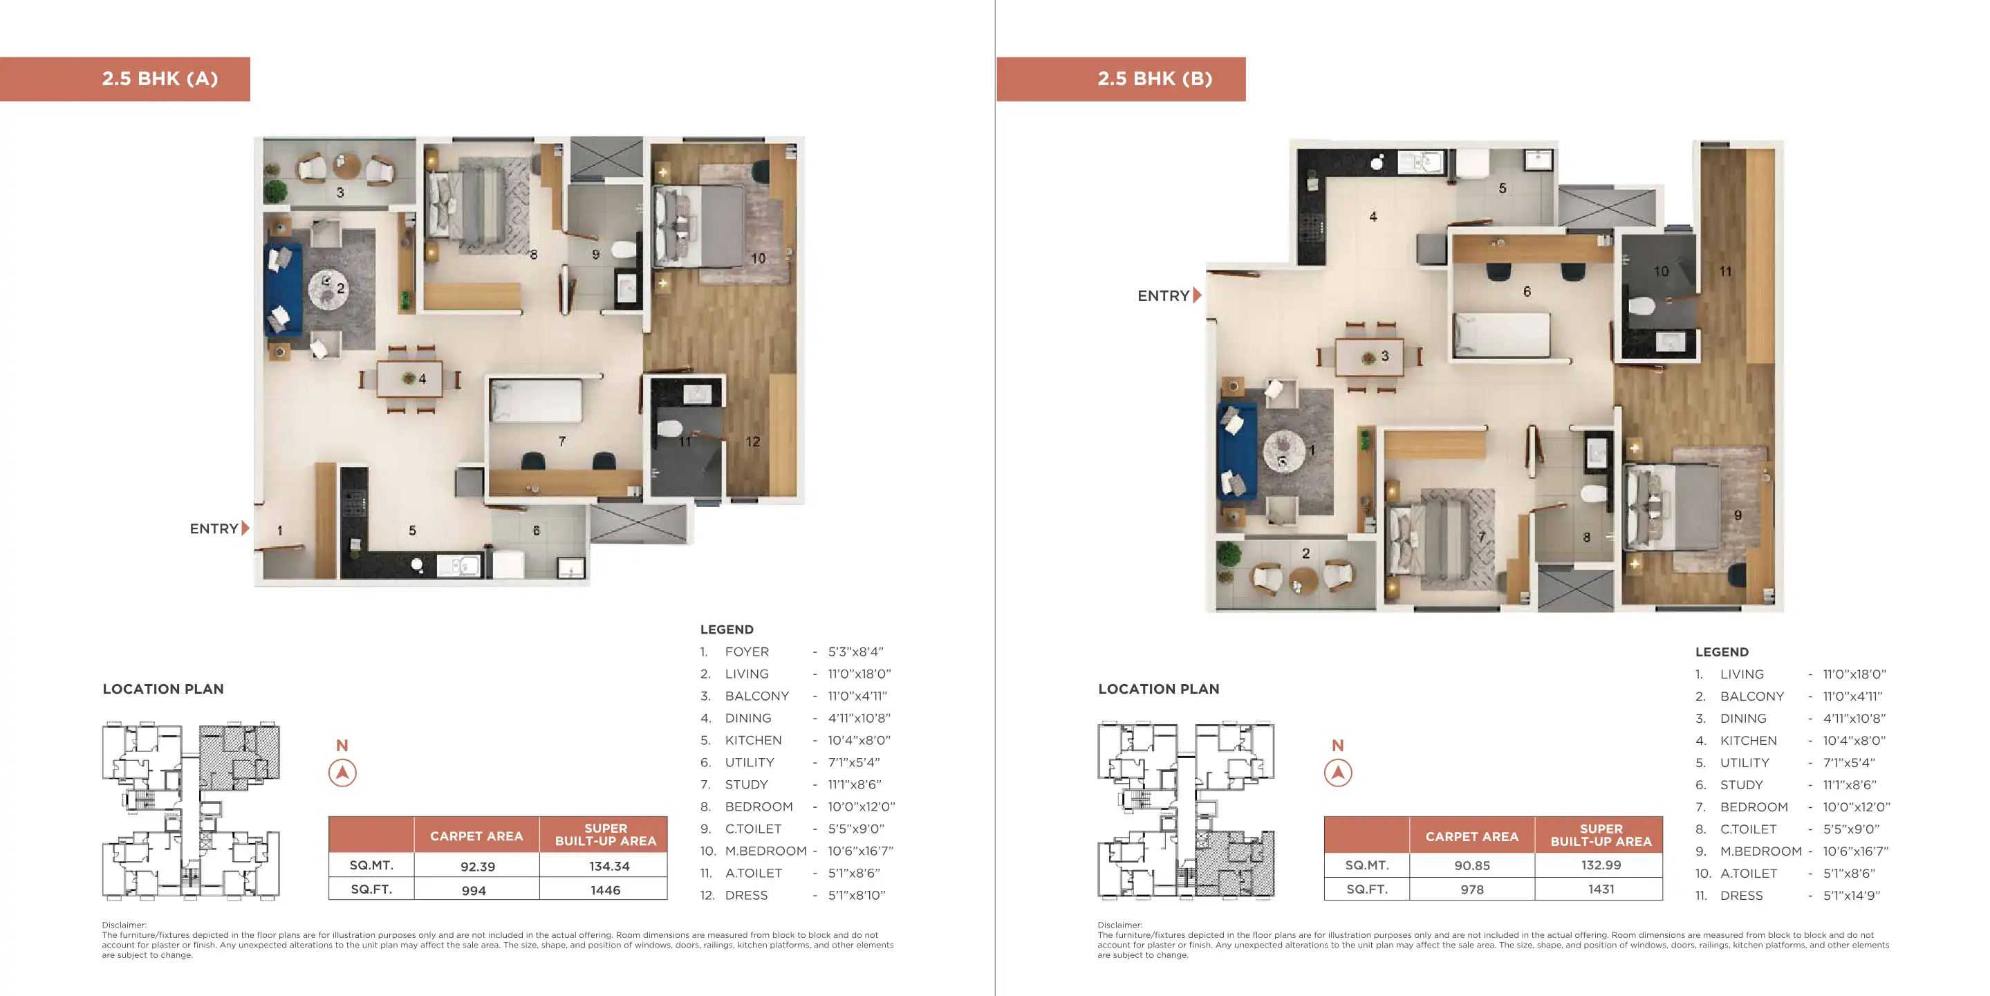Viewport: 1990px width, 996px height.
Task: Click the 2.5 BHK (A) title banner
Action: (x=124, y=79)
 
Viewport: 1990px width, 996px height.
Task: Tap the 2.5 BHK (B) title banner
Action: (x=1121, y=79)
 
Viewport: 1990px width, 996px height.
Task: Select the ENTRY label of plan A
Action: (x=214, y=528)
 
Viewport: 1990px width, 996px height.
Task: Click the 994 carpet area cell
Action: (x=474, y=890)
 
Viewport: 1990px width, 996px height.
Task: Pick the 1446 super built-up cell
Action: (x=606, y=890)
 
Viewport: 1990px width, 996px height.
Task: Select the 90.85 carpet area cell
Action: (x=1471, y=865)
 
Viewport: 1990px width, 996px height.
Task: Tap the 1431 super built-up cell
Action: (x=1601, y=889)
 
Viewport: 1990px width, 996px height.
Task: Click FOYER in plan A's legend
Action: (x=747, y=652)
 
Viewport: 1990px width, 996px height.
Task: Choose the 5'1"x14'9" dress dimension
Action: (x=1851, y=896)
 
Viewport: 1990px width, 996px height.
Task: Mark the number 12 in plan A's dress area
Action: (x=752, y=442)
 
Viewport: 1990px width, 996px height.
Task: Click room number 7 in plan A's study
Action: (x=561, y=441)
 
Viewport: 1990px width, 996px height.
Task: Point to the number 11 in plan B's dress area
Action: (x=1725, y=271)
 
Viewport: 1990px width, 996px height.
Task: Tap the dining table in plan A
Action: (x=409, y=378)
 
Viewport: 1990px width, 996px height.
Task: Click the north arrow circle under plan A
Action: (x=342, y=773)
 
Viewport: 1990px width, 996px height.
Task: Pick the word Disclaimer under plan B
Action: (x=1119, y=925)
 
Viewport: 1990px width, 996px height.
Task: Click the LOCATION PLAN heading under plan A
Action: (x=163, y=689)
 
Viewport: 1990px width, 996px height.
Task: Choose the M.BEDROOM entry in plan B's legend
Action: (x=1760, y=851)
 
